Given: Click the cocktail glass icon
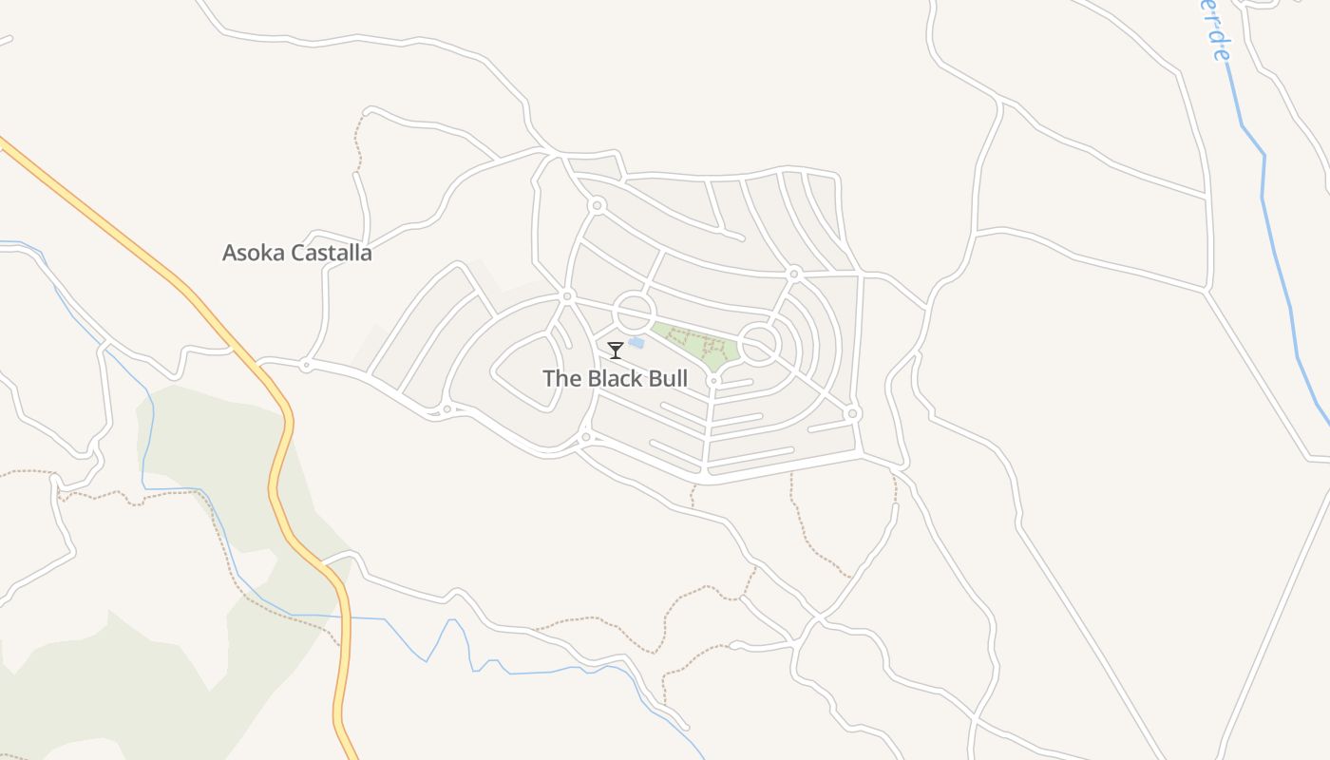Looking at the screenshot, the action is [x=616, y=351].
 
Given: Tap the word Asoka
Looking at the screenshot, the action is [x=254, y=253].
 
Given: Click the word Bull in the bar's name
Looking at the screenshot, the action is [x=662, y=378].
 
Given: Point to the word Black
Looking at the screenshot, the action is [x=612, y=378].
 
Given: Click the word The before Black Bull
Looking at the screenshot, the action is [x=561, y=378].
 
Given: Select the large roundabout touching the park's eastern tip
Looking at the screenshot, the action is [x=759, y=344].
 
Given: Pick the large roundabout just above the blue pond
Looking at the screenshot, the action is [x=634, y=313].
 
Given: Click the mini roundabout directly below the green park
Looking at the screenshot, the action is [x=712, y=381].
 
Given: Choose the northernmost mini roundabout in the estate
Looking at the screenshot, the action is [x=597, y=205].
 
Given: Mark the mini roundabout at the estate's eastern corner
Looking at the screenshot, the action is [x=852, y=414].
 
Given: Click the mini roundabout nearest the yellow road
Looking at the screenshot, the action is [x=306, y=364].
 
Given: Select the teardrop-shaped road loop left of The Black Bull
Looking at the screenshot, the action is [x=527, y=371].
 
